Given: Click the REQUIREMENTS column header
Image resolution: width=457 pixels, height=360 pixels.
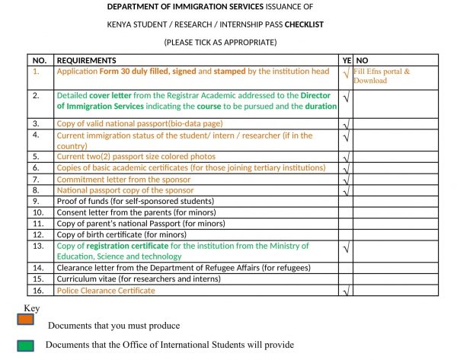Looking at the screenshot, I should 86,60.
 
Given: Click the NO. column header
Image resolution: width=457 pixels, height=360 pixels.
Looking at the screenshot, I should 40,60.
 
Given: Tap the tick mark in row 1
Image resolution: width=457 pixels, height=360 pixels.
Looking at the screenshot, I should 347,74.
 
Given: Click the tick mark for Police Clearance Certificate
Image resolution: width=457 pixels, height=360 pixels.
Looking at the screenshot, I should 347,292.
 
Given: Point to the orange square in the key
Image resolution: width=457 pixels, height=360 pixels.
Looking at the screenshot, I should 26,320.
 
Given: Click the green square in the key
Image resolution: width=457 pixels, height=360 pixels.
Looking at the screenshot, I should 26,343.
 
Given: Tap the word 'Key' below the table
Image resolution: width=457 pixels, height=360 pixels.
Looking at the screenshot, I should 31,308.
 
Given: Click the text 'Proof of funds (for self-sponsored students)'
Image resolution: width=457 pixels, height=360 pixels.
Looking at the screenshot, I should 136,202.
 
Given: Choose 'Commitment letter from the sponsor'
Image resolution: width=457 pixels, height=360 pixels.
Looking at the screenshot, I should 123,180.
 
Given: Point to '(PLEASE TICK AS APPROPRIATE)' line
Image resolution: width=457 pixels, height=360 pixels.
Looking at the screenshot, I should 220,42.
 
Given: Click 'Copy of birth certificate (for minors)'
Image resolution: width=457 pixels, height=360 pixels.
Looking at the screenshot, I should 122,235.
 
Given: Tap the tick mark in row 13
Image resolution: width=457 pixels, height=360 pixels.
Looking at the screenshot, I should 347,249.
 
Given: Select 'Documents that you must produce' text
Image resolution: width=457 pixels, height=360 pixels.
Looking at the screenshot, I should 114,326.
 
